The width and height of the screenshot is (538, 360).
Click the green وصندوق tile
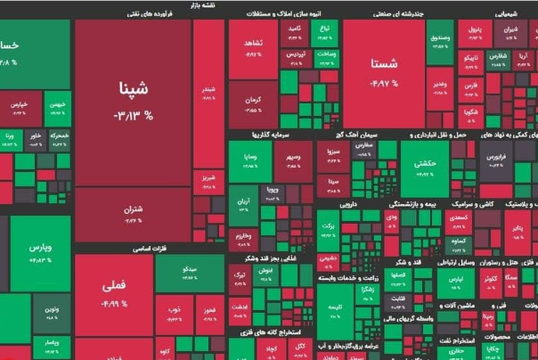[x=440, y=39]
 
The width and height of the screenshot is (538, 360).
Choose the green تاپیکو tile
[x=471, y=61]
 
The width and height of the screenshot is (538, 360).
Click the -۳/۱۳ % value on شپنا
[x=133, y=116]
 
